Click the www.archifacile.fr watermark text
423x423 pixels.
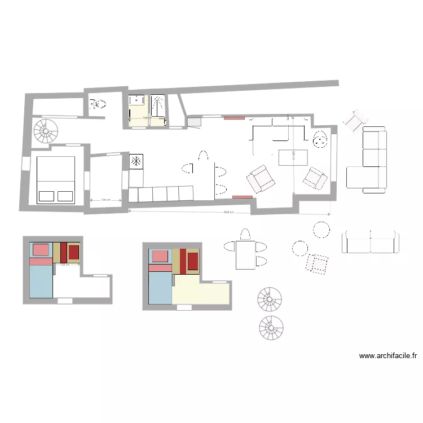pos(388,356)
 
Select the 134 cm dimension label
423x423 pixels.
pos(104,200)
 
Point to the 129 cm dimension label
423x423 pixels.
pos(64,264)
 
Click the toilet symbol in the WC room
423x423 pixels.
pos(99,104)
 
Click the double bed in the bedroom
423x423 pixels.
pos(56,179)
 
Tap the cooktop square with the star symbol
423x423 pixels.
pos(137,162)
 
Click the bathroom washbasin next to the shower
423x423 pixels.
pos(136,102)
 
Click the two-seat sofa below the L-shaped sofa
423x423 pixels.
pos(370,242)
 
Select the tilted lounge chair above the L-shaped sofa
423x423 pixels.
pos(356,120)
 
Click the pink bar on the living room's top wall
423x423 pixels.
pos(233,118)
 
